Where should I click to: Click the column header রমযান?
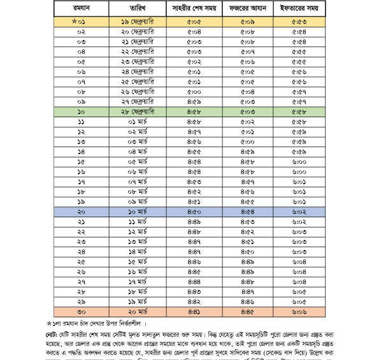point(82,8)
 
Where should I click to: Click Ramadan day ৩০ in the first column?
point(82,311)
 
